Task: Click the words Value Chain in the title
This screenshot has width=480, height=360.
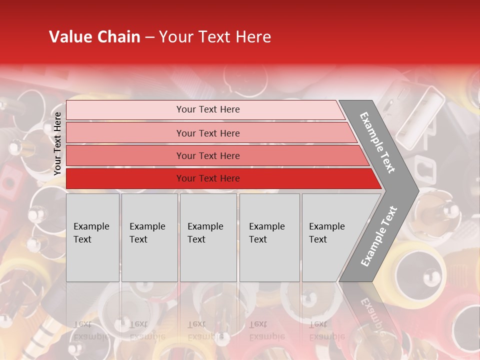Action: coord(94,37)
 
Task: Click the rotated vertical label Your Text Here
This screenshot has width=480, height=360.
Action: coord(57,143)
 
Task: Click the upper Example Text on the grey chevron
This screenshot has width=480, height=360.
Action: coord(377,142)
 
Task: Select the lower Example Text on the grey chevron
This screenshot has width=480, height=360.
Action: coord(379,236)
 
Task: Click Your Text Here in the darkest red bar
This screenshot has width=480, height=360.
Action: coord(208,178)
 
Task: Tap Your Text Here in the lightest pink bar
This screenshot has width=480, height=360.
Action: coord(208,109)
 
